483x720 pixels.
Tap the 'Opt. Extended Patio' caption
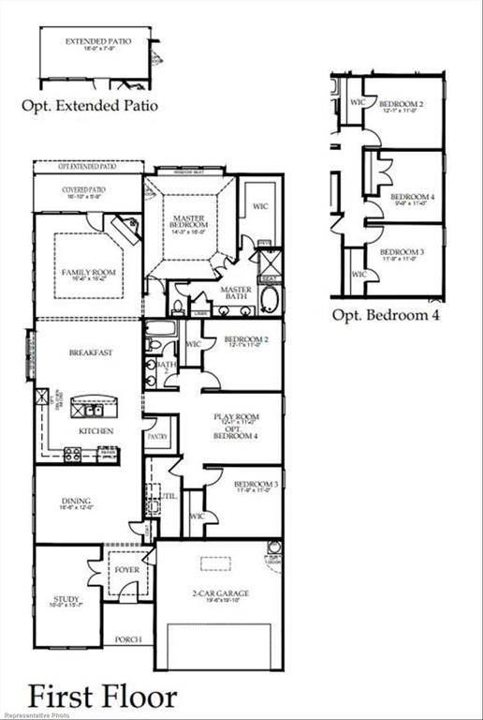[x=90, y=106]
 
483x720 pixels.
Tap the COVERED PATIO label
[x=85, y=189]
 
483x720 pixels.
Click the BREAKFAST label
[x=91, y=353]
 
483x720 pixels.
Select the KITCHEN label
[x=96, y=430]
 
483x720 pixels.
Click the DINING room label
[x=77, y=502]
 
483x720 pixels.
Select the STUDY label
[x=67, y=599]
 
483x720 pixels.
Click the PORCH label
[x=127, y=639]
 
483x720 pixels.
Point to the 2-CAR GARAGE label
[x=220, y=593]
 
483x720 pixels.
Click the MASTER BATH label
[x=236, y=290]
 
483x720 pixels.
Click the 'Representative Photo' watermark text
[x=37, y=714]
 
